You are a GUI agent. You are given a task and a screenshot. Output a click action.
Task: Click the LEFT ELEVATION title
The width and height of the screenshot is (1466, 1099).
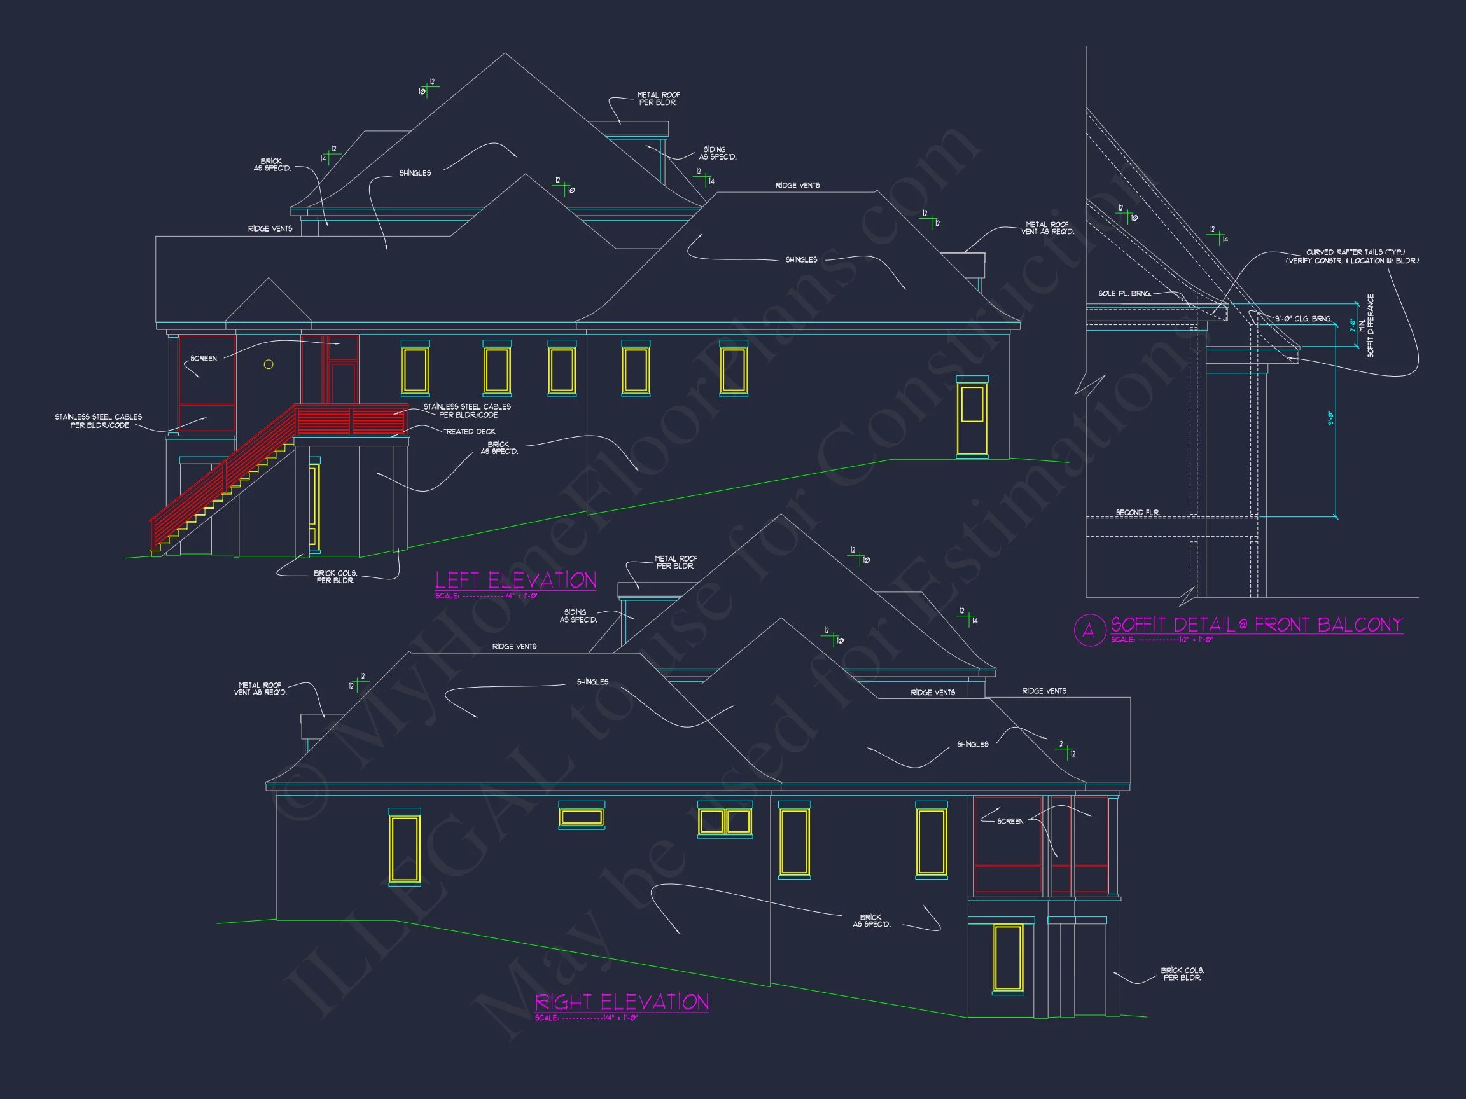pyautogui.click(x=515, y=580)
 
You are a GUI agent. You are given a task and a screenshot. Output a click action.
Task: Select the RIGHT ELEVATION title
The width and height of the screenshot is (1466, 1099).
pyautogui.click(x=622, y=1002)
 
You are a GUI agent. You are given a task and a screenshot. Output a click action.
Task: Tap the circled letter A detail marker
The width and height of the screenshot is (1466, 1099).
pyautogui.click(x=1089, y=630)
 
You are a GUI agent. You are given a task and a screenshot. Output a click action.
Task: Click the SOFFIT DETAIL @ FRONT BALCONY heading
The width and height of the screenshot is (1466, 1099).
pyautogui.click(x=1257, y=625)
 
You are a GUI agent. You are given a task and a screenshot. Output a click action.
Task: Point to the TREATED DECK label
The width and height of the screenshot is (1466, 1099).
pyautogui.click(x=468, y=431)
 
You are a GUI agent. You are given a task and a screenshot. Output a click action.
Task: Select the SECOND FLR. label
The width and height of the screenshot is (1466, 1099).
pyautogui.click(x=1137, y=512)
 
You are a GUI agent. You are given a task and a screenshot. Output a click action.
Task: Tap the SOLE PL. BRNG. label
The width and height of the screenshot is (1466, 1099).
pyautogui.click(x=1125, y=293)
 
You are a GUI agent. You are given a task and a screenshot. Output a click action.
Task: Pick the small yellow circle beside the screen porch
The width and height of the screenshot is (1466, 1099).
pyautogui.click(x=269, y=364)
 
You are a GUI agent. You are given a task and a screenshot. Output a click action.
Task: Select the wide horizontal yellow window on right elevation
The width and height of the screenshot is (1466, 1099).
pyautogui.click(x=581, y=817)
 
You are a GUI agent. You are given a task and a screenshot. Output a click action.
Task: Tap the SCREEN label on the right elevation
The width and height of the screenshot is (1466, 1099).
pyautogui.click(x=1010, y=822)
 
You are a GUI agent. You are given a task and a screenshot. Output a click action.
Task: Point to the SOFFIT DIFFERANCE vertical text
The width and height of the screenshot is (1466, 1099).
pyautogui.click(x=1370, y=326)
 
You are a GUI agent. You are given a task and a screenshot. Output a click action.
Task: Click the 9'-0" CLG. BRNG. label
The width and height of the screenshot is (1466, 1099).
pyautogui.click(x=1304, y=319)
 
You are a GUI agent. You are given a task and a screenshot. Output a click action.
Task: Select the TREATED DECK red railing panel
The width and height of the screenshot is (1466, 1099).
pyautogui.click(x=351, y=420)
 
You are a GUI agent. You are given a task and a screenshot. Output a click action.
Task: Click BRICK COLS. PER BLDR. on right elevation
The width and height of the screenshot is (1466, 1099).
pyautogui.click(x=1182, y=974)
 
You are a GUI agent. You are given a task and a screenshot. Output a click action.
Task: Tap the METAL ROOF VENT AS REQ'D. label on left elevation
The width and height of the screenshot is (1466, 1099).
pyautogui.click(x=1047, y=228)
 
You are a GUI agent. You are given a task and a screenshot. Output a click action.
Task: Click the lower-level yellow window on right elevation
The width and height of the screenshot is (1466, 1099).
pyautogui.click(x=1007, y=957)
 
